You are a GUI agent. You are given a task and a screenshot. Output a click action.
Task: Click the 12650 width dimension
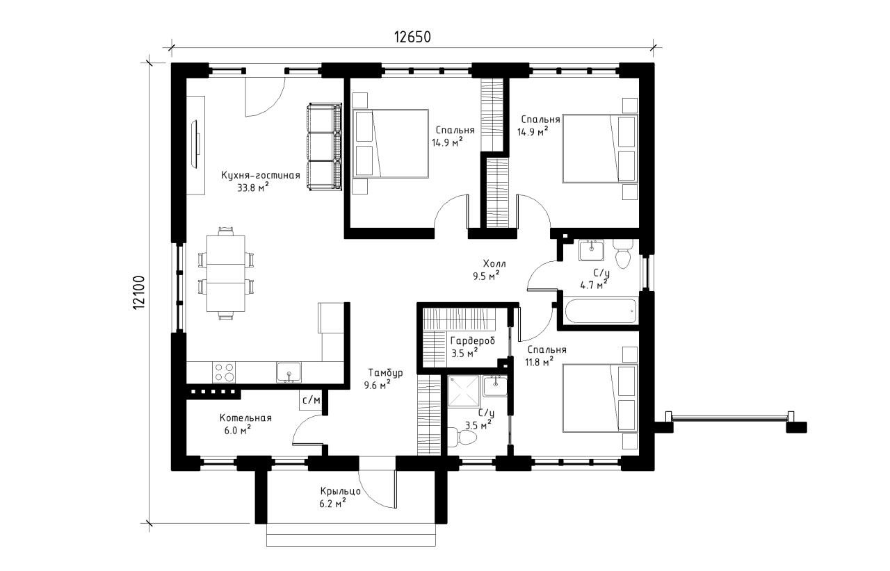pos(412,37)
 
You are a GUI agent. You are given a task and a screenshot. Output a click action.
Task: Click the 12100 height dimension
pos(138,292)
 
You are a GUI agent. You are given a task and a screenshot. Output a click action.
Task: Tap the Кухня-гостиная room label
pos(261,175)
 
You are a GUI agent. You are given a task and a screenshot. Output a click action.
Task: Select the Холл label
pos(494,263)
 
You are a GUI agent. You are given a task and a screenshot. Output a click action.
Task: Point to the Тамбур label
pos(385,373)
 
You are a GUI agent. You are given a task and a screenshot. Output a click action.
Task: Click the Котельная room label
pos(245,417)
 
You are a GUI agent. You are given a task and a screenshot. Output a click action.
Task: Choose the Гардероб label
pos(473,340)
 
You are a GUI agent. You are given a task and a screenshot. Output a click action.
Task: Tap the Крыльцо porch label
pos(341,491)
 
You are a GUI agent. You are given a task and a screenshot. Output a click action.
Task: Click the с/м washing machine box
pos(311,400)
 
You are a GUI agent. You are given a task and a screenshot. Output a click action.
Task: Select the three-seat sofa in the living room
pos(325,147)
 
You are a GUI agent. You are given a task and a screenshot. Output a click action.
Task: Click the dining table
pos(226,274)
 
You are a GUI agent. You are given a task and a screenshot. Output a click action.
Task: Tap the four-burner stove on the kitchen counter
pos(224,372)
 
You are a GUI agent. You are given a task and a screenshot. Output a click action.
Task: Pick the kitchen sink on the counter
pos(289,372)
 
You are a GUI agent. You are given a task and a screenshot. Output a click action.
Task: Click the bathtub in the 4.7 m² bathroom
pos(599,312)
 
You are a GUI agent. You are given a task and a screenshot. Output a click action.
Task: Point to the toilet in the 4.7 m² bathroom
pos(622,254)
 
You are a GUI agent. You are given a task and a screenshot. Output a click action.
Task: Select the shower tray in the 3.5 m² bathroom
pos(464,392)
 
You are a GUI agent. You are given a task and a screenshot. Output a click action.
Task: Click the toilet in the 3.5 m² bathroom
pos(462,437)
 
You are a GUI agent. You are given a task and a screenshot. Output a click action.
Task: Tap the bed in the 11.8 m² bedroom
pos(600,398)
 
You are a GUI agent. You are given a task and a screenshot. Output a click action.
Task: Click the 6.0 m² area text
pos(238,430)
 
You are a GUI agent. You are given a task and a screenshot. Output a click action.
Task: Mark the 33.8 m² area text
pos(253,188)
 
